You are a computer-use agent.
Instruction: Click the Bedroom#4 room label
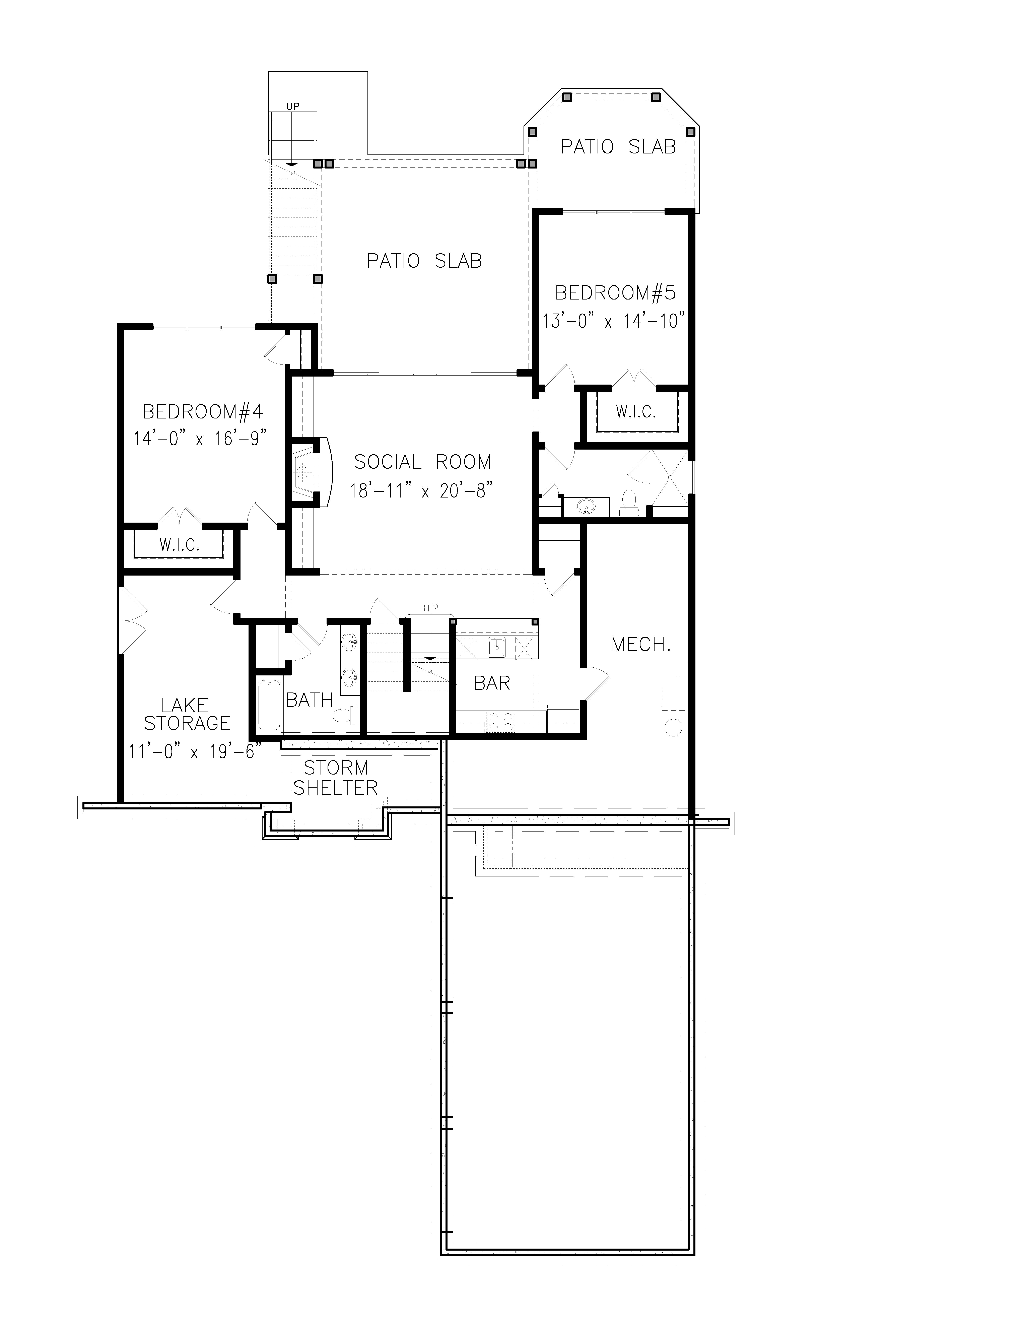[203, 412]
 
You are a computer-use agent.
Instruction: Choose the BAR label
[491, 683]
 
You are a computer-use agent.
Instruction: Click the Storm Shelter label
[336, 778]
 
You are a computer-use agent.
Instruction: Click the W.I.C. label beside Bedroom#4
[179, 545]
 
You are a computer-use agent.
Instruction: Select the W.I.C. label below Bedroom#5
[636, 412]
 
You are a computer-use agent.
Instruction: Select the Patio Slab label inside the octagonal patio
[618, 147]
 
